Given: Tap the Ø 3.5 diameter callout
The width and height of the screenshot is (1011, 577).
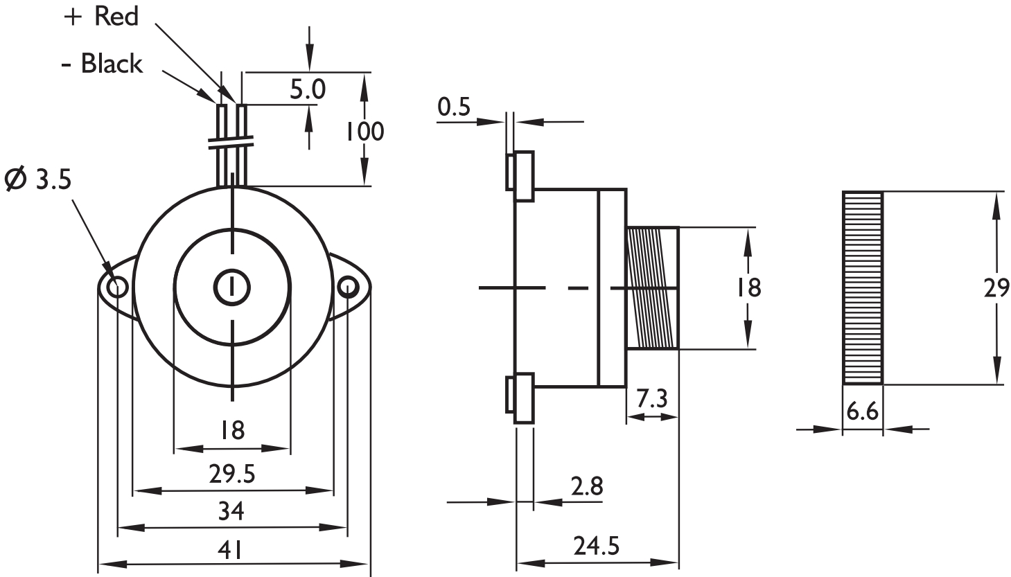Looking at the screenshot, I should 38,179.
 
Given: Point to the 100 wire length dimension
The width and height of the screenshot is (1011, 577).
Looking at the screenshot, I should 364,131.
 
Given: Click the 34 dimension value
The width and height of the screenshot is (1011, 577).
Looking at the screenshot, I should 231,512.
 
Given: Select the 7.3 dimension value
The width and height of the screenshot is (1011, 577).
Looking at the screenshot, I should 651,400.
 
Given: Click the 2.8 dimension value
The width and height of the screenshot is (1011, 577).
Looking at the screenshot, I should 587,486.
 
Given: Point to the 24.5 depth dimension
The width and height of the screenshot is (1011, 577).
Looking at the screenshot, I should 596,547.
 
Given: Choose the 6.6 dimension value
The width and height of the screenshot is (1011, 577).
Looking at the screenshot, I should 863,413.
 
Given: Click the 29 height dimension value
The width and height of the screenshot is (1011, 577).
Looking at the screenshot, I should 996,287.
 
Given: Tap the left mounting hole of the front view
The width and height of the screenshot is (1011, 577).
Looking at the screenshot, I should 117,286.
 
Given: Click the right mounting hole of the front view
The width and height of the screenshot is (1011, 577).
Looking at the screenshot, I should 346,286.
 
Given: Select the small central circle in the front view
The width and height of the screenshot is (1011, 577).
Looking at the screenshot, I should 232,287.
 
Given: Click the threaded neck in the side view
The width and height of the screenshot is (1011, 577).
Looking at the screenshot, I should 652,287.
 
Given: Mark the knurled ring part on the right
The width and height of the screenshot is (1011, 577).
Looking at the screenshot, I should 863,287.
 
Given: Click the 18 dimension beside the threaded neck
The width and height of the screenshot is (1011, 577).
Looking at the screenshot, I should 749,287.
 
